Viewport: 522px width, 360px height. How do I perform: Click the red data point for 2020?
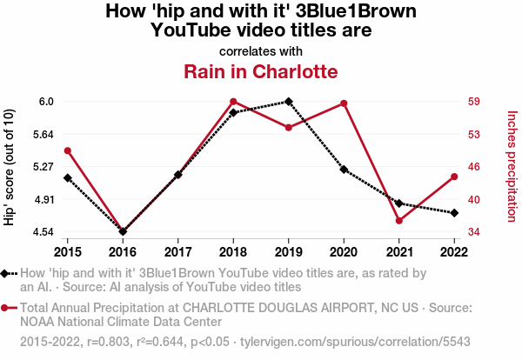coord(344,103)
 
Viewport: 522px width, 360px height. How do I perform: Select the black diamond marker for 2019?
coord(289,102)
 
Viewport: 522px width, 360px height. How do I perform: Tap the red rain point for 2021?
coord(399,221)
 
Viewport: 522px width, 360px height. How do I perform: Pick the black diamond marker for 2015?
coord(67,178)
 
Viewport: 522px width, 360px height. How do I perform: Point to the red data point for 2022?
coord(454,177)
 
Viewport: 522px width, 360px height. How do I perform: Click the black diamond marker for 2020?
coord(344,170)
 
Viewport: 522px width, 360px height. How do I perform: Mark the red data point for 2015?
coord(67,151)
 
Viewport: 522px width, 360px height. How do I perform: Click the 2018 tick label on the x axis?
coord(233,252)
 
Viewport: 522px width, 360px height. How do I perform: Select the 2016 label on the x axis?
coord(123,252)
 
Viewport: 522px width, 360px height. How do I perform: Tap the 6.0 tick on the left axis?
coord(46,102)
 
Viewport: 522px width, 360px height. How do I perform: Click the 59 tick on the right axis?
coord(474,102)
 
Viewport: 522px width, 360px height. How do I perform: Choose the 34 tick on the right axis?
coord(474,232)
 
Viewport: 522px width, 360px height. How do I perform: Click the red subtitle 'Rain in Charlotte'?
coord(260,70)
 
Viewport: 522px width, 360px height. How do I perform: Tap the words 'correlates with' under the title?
coord(260,50)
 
